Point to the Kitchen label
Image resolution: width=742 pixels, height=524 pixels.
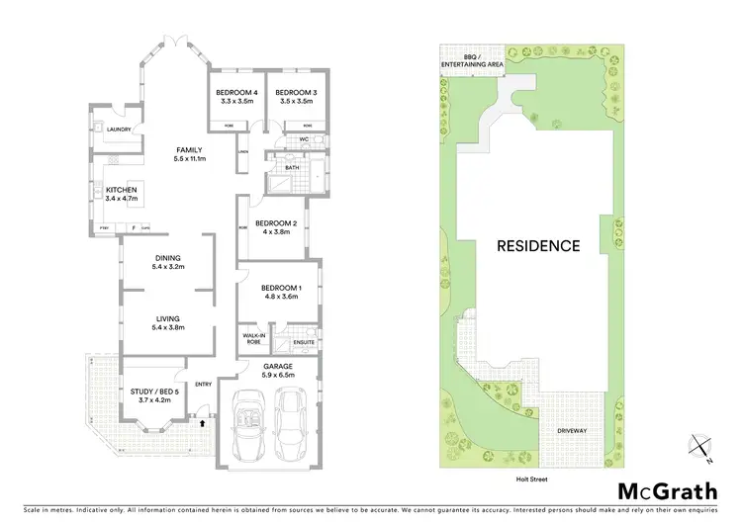(135, 190)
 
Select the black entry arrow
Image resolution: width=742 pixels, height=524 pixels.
(202, 423)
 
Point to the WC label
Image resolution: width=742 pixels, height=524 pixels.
(304, 140)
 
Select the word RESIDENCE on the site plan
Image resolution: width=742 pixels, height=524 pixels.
(538, 246)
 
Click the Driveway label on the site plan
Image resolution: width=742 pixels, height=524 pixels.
(573, 432)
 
